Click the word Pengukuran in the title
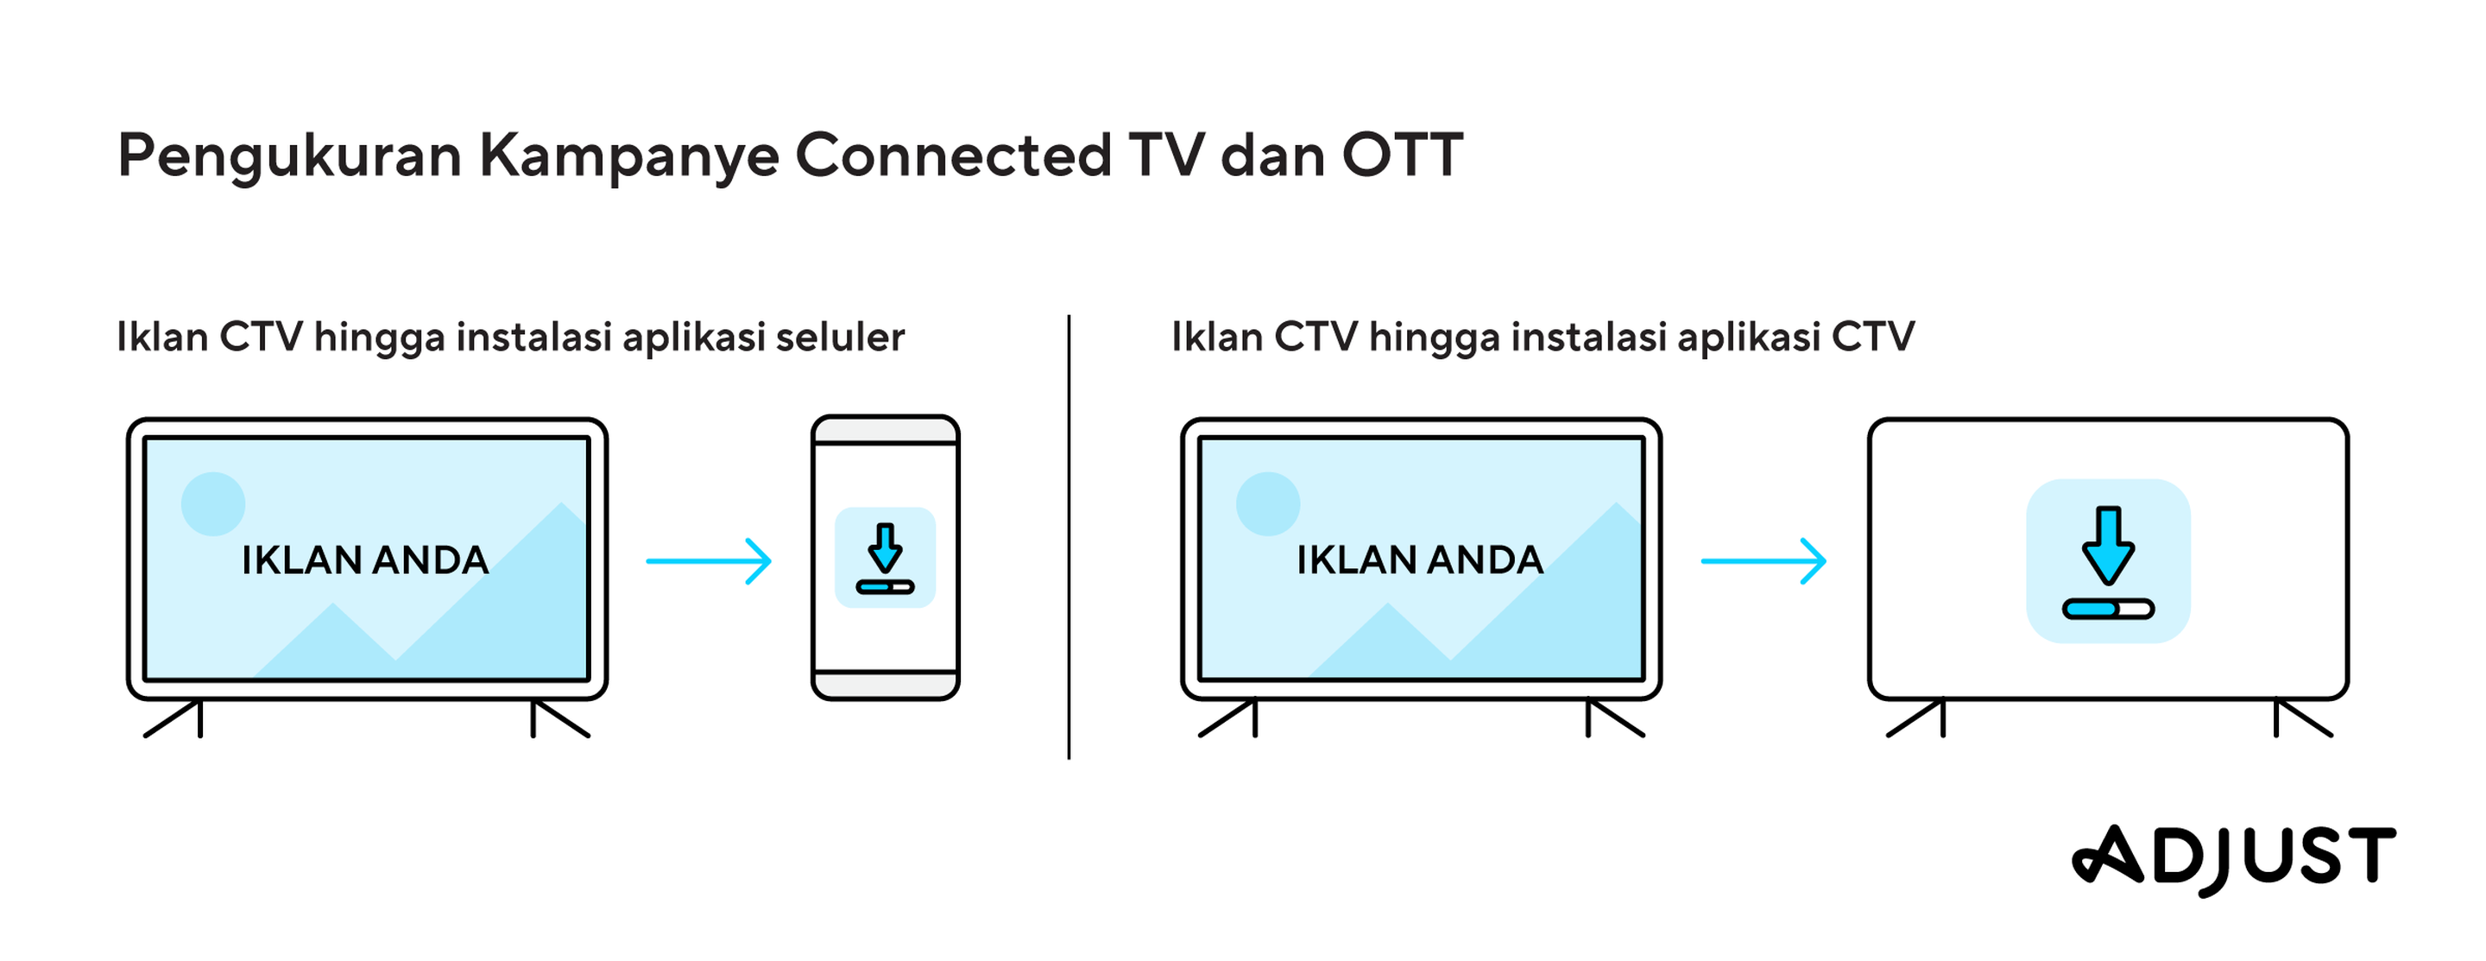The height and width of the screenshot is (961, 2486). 289,157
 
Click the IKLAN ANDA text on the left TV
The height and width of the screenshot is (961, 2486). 365,560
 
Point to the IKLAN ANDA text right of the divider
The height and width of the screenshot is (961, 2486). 1420,560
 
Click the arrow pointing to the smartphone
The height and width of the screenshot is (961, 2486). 710,560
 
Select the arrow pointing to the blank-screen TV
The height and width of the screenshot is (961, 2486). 1764,560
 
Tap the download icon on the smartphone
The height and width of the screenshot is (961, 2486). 885,558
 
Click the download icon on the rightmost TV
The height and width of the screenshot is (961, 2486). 2109,560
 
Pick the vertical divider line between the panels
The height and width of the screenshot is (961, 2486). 1069,536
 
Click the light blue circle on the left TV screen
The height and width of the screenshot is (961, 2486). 213,503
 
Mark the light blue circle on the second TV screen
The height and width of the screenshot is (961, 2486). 1268,503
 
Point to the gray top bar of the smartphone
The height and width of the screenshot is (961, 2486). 886,430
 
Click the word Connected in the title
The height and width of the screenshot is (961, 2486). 954,155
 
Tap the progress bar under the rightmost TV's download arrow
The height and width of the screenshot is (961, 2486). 2109,609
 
